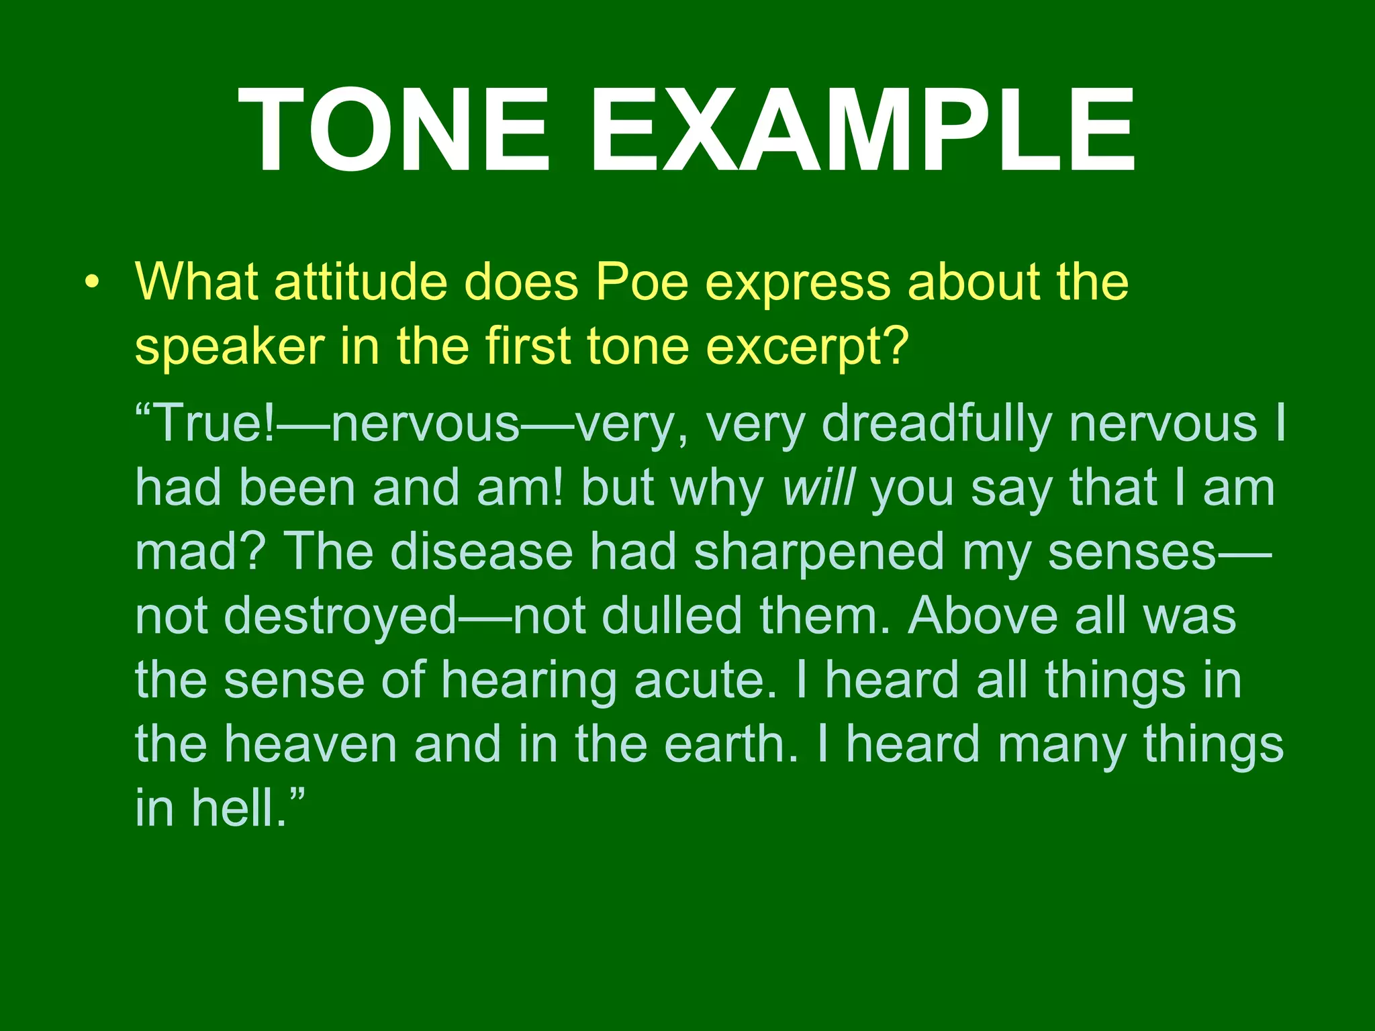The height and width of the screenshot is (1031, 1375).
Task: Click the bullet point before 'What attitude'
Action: (92, 282)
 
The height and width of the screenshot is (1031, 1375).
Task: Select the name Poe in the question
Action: (642, 282)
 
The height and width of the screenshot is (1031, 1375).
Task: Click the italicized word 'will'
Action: (818, 488)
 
